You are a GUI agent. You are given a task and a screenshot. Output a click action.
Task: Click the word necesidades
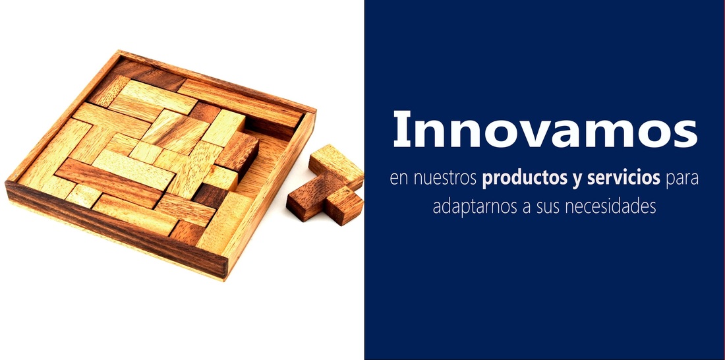pos(610,206)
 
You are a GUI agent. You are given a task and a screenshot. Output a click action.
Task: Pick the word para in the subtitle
pos(681,180)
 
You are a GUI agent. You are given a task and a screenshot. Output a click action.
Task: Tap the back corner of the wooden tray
pos(119,51)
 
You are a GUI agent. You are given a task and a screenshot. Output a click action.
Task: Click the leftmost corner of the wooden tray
pos(5,183)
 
